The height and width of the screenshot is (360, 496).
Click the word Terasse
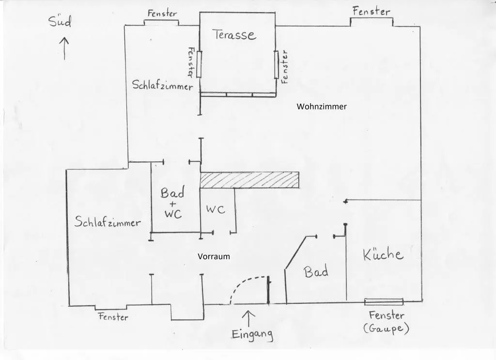233,35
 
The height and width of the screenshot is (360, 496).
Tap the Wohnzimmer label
322,107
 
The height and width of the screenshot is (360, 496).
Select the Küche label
383,254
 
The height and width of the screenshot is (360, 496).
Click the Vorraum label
214,256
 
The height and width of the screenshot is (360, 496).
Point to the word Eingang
252,334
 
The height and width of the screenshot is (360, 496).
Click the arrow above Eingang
248,318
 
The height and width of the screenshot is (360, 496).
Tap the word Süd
60,22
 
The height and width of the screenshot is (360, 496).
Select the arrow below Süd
64,48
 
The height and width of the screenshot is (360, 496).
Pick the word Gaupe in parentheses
386,329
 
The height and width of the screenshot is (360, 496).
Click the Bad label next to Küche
316,272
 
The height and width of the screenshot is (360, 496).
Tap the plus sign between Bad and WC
172,203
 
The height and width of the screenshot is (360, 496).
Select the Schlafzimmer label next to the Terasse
162,86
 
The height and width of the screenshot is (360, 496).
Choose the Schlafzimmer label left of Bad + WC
108,222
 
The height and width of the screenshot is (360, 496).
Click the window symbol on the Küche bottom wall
384,301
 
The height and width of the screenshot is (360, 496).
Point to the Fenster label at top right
371,11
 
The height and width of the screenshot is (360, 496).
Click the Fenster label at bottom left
113,317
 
